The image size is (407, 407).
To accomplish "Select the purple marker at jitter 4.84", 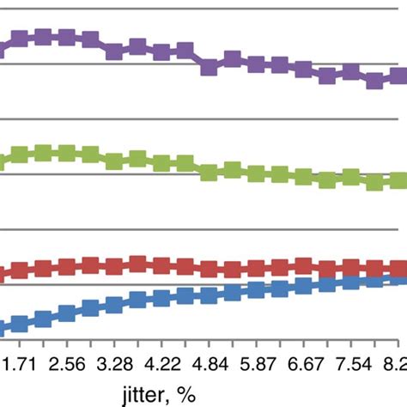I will click(x=208, y=67).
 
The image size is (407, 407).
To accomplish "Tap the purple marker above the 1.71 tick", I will click(x=20, y=39).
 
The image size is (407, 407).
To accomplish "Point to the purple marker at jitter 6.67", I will click(x=302, y=70).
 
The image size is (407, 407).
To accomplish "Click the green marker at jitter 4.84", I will click(x=208, y=173).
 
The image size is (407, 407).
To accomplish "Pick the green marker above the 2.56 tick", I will click(x=66, y=153).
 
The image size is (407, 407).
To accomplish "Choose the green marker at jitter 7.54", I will click(x=349, y=178).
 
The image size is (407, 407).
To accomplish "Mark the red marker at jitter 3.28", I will click(x=113, y=265).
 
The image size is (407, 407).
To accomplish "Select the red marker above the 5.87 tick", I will click(x=255, y=267).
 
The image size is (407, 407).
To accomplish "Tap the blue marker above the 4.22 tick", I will click(x=161, y=297).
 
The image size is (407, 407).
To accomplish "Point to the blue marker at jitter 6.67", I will click(x=302, y=287).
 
